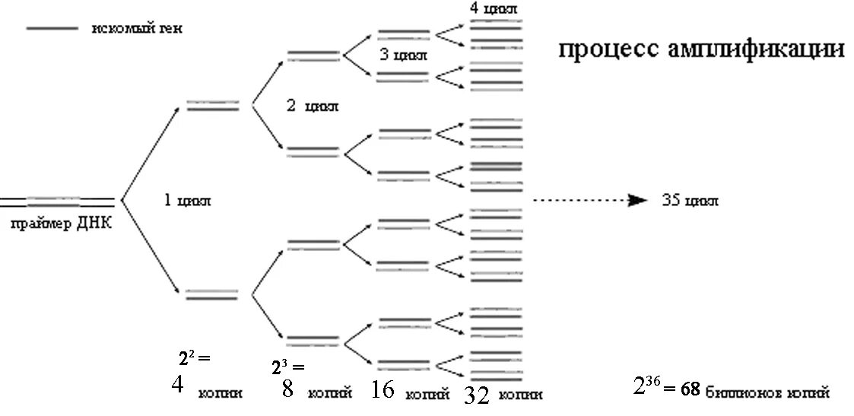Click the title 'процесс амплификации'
click(701, 50)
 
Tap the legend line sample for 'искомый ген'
click(52, 29)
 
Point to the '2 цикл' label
click(312, 106)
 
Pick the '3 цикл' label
click(403, 56)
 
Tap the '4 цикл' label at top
click(494, 8)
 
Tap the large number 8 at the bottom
click(287, 389)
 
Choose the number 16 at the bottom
click(383, 390)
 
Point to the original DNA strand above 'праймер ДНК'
click(58, 202)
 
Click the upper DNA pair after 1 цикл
click(213, 106)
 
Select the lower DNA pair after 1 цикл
click(213, 294)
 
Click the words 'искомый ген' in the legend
click(138, 29)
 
